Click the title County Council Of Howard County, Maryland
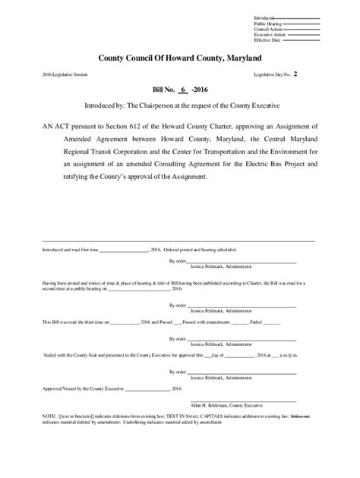point(180,58)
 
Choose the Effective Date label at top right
point(268,39)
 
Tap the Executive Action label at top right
point(270,34)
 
